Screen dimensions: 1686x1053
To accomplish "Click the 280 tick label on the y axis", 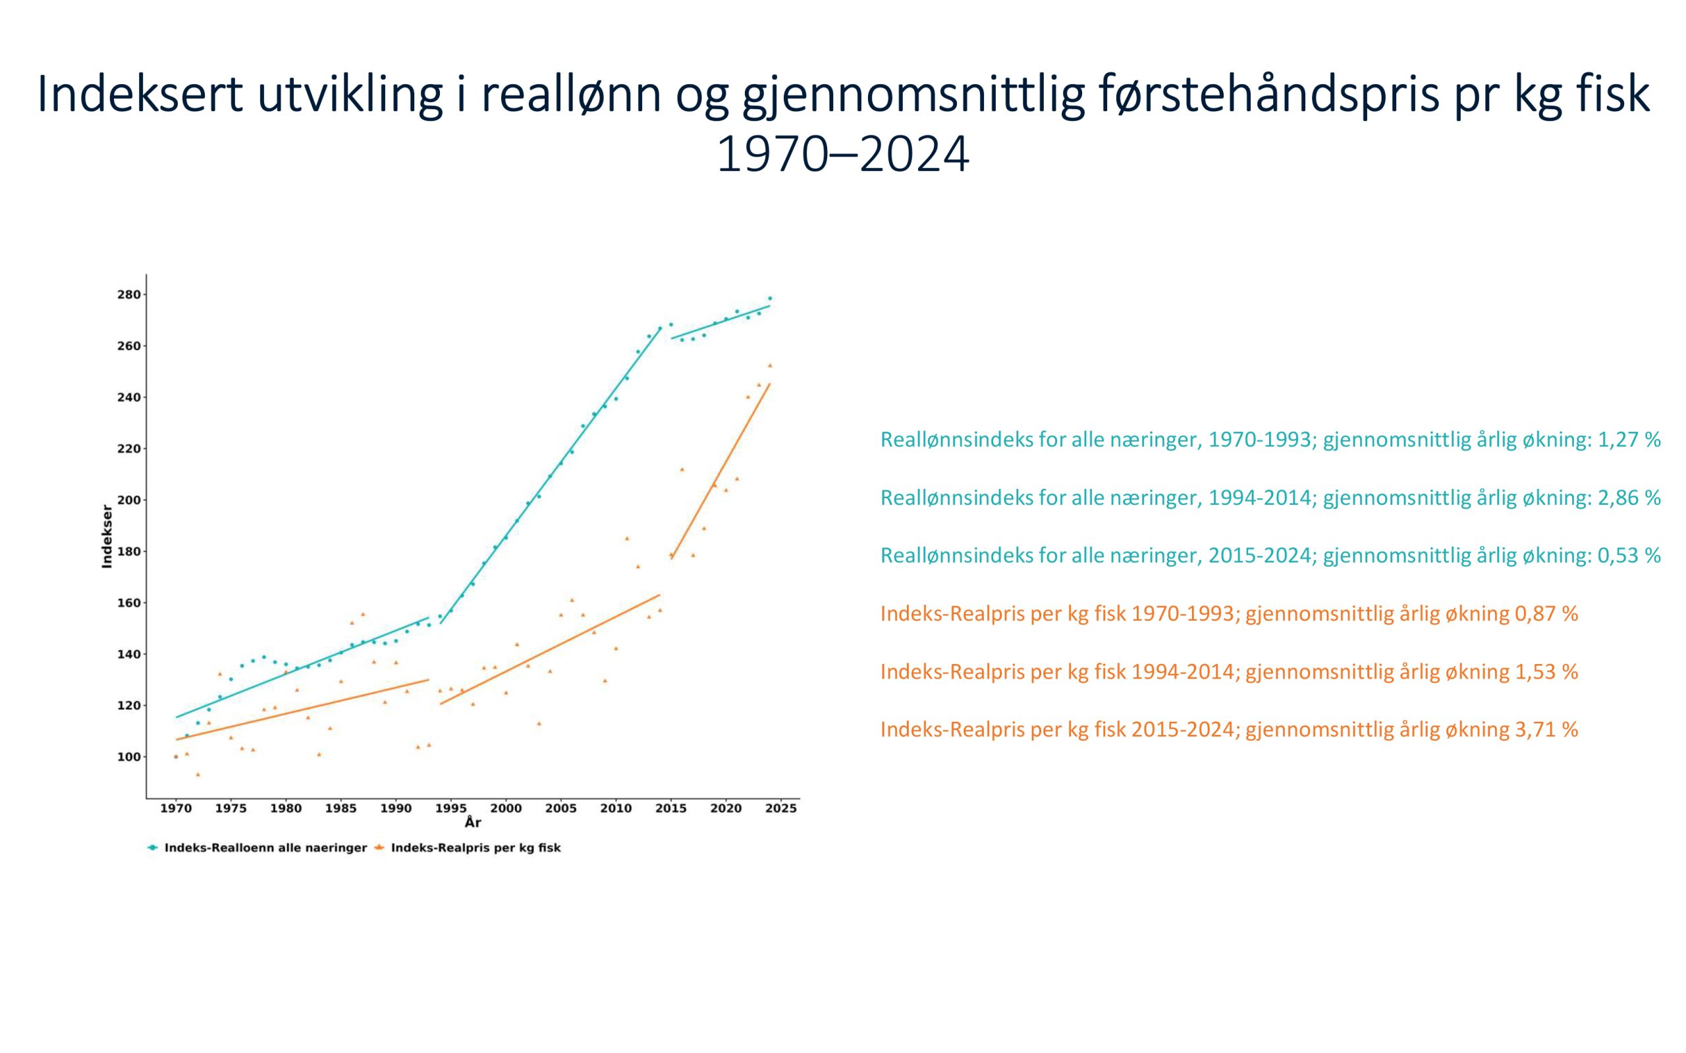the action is pos(129,295).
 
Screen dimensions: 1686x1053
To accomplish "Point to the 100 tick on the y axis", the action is pos(144,757).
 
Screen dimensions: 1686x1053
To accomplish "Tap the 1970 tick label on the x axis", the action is pos(176,809).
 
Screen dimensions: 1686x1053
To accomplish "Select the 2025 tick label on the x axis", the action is pos(781,809).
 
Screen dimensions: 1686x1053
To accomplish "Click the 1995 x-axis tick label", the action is pos(450,809).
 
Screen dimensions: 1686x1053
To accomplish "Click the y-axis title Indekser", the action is pos(107,536).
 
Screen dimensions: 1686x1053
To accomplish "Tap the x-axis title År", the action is pos(473,823).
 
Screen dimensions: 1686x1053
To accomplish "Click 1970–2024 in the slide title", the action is pos(843,155).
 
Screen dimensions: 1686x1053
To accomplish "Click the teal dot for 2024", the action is pos(770,298).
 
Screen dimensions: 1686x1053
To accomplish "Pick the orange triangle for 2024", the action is pos(770,365).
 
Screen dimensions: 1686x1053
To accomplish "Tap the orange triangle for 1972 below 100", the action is pos(198,775).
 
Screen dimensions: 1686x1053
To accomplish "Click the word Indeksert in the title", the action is pos(140,93).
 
